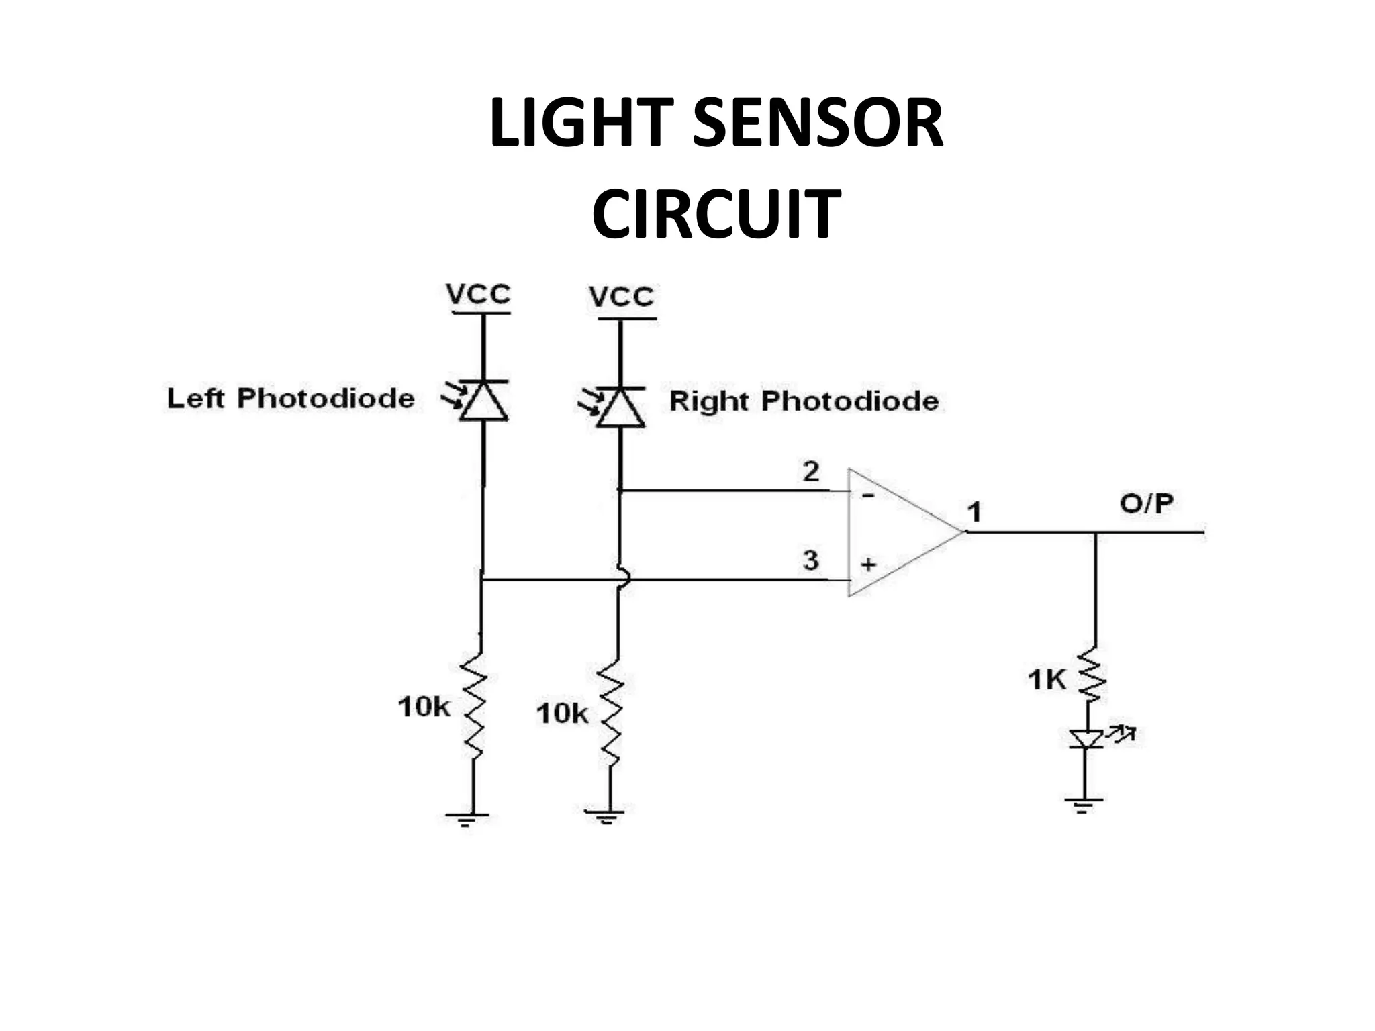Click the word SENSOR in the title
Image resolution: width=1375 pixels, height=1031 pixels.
tap(818, 124)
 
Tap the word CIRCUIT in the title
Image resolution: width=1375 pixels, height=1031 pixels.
tap(716, 214)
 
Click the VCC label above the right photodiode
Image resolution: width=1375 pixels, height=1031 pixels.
tap(621, 297)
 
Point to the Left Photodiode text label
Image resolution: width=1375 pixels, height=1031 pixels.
tap(291, 398)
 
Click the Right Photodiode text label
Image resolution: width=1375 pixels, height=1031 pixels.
tap(804, 401)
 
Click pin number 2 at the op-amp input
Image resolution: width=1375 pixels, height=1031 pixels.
tap(811, 472)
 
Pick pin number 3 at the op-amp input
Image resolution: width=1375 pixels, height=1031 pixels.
tap(811, 559)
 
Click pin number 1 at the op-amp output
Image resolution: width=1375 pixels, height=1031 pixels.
tap(975, 512)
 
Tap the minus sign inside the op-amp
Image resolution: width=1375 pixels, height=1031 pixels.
tap(868, 496)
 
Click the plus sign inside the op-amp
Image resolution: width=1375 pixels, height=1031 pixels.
tap(868, 564)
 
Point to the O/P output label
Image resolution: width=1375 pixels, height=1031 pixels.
tap(1146, 503)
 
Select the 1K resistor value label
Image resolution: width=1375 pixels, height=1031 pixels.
tap(1046, 680)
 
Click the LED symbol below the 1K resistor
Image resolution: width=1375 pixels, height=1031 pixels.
tap(1086, 738)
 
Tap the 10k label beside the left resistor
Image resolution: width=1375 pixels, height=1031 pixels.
tap(423, 707)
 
